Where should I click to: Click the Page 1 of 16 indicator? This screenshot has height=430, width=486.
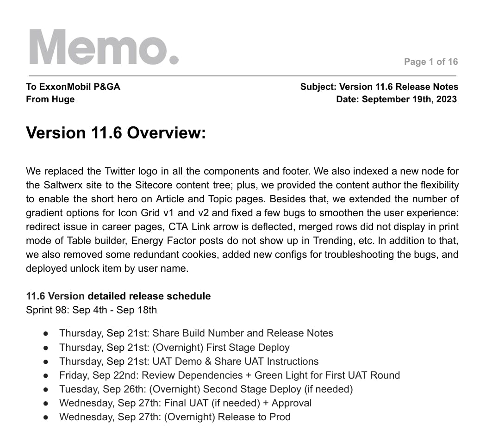tap(430, 62)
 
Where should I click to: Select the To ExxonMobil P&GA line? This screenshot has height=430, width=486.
tap(73, 87)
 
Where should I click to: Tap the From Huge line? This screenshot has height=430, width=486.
tap(50, 99)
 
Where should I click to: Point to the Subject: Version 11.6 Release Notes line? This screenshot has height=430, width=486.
tap(379, 87)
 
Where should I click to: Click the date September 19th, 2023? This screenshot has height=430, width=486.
tap(409, 99)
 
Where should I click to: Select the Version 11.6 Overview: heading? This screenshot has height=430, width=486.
tap(116, 132)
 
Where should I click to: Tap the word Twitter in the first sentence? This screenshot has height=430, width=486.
tap(103, 171)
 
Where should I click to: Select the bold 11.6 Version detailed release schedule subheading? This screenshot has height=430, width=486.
tap(118, 296)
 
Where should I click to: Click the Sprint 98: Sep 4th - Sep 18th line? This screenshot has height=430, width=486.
tap(91, 310)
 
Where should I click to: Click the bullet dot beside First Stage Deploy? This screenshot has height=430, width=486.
tap(46, 348)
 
